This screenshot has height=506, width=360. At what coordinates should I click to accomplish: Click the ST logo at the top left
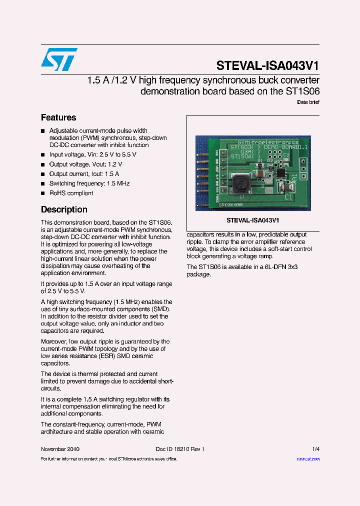[x=59, y=59]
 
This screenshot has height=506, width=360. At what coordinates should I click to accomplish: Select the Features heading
[x=58, y=117]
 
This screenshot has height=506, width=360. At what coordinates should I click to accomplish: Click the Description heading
[x=64, y=209]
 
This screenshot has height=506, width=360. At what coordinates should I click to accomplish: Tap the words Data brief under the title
[x=308, y=102]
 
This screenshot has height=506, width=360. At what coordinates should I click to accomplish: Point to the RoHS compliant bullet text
[x=71, y=193]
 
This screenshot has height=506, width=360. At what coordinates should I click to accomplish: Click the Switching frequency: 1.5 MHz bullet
[x=89, y=183]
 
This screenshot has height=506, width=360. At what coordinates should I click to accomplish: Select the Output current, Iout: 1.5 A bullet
[x=84, y=174]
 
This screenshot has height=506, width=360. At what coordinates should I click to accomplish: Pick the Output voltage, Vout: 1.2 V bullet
[x=85, y=164]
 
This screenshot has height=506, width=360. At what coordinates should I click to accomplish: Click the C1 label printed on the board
[x=289, y=197]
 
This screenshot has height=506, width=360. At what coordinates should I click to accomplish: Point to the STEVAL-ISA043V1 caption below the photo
[x=252, y=220]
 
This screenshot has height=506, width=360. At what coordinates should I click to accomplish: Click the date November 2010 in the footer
[x=60, y=449]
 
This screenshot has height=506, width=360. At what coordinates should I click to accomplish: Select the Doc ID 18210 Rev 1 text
[x=176, y=449]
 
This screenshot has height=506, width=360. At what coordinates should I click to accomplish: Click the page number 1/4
[x=315, y=449]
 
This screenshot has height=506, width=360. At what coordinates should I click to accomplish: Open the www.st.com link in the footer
[x=308, y=458]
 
